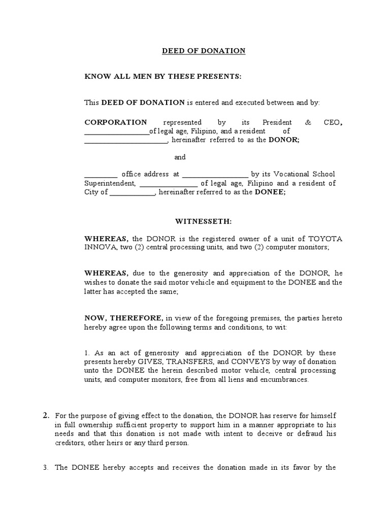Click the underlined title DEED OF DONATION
click(203, 51)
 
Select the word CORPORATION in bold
click(115, 122)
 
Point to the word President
click(277, 122)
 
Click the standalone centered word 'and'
click(180, 157)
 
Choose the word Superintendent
click(109, 183)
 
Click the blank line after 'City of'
click(132, 193)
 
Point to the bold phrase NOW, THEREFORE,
click(123, 318)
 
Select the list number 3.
click(45, 468)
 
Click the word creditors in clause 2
click(69, 443)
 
